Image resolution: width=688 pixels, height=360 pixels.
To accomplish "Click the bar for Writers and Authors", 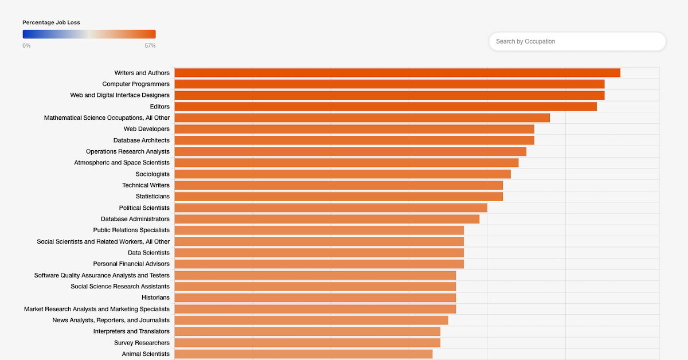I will pyautogui.click(x=397, y=73).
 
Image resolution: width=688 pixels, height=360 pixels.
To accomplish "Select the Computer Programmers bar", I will pyautogui.click(x=389, y=84).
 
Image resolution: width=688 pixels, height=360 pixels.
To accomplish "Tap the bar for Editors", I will pyautogui.click(x=385, y=107).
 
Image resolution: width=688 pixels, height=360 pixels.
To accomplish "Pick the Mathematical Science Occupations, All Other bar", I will pyautogui.click(x=362, y=118).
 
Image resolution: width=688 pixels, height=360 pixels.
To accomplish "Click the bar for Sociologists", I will pyautogui.click(x=342, y=174).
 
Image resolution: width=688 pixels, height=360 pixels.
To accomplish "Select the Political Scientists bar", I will pyautogui.click(x=331, y=208).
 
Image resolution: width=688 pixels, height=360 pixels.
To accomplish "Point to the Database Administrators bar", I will pyautogui.click(x=327, y=219).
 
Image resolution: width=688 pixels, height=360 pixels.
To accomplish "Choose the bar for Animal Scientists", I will pyautogui.click(x=303, y=354).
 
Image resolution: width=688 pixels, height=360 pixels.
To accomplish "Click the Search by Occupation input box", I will pyautogui.click(x=577, y=41).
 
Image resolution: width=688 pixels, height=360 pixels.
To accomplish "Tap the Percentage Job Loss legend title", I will pyautogui.click(x=51, y=22).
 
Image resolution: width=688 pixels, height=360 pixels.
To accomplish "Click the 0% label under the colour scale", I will pyautogui.click(x=26, y=46).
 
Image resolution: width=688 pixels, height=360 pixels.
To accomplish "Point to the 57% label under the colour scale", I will pyautogui.click(x=150, y=46).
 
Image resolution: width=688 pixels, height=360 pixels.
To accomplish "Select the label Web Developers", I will pyautogui.click(x=146, y=129).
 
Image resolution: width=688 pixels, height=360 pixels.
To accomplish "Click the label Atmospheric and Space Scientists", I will pyautogui.click(x=122, y=163).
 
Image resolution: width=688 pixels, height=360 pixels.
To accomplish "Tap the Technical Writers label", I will pyautogui.click(x=146, y=185).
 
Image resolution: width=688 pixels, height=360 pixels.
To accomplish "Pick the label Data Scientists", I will pyautogui.click(x=148, y=253).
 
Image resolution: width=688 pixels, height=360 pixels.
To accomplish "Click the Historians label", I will pyautogui.click(x=155, y=298).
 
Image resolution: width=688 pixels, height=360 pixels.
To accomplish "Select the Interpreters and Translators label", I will pyautogui.click(x=131, y=331).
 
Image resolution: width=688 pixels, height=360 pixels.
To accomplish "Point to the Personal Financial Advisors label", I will pyautogui.click(x=131, y=264).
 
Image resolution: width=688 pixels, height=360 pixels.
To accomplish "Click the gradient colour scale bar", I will pyautogui.click(x=89, y=34).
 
